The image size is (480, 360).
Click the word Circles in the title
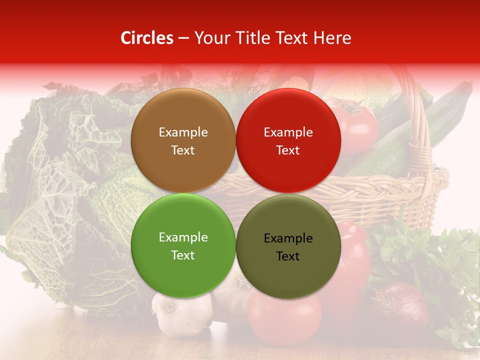[x=146, y=38]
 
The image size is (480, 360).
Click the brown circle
[x=183, y=141]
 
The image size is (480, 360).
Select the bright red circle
[x=288, y=141]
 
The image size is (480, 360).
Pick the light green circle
[x=183, y=246]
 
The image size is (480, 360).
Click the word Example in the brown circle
[x=183, y=132]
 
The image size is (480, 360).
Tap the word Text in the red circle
[x=288, y=150]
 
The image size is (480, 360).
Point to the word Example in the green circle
[x=183, y=237]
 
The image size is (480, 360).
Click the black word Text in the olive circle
[x=288, y=256]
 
